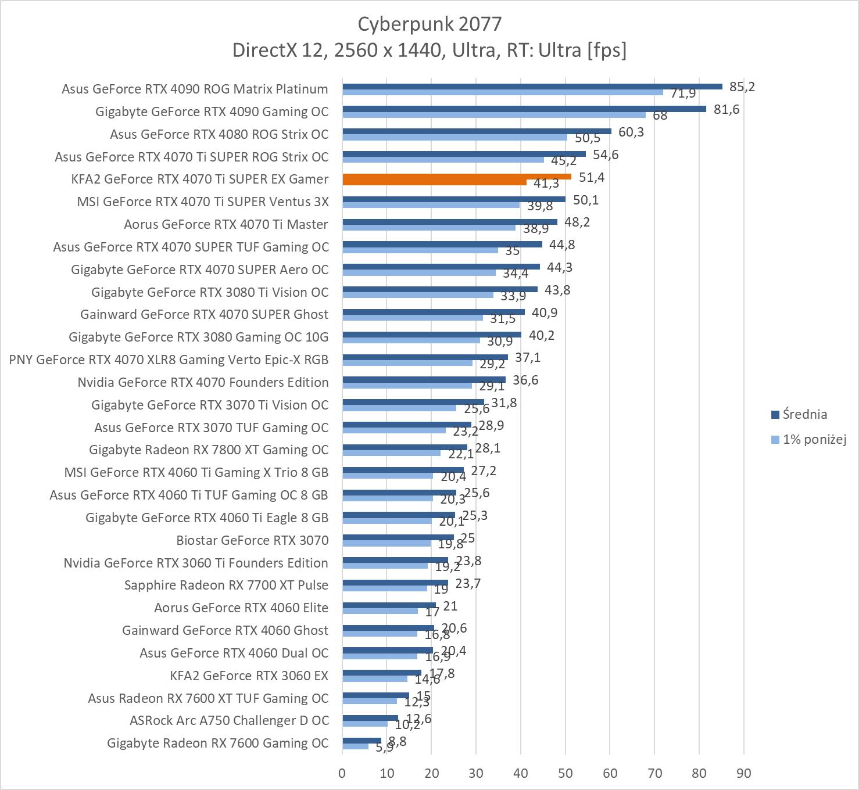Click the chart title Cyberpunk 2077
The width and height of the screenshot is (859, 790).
(x=429, y=24)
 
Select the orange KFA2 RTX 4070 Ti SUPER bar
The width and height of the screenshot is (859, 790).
(x=457, y=177)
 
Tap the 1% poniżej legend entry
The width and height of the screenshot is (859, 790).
(x=814, y=439)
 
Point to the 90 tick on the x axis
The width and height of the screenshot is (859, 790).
(x=743, y=773)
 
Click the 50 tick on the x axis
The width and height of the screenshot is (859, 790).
(x=565, y=773)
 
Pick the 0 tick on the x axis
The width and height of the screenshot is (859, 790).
(x=342, y=773)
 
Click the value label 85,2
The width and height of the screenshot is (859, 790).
(x=742, y=87)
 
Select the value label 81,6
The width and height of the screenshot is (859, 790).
(x=726, y=110)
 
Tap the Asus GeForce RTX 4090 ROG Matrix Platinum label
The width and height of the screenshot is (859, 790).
(x=195, y=89)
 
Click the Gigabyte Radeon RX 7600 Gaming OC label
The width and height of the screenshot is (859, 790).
(x=217, y=743)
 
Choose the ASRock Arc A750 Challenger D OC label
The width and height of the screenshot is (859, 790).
(x=229, y=720)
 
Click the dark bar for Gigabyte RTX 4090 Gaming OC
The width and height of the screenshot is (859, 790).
(x=524, y=109)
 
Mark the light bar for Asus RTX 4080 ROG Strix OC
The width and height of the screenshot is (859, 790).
(x=454, y=138)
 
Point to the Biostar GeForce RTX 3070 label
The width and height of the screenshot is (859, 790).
(x=252, y=540)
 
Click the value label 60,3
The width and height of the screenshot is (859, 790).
(x=631, y=132)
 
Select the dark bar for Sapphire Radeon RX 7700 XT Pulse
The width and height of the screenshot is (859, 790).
(x=395, y=583)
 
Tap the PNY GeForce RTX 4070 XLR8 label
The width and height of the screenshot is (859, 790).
(x=169, y=360)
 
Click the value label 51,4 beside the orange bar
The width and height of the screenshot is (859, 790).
(x=592, y=178)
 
